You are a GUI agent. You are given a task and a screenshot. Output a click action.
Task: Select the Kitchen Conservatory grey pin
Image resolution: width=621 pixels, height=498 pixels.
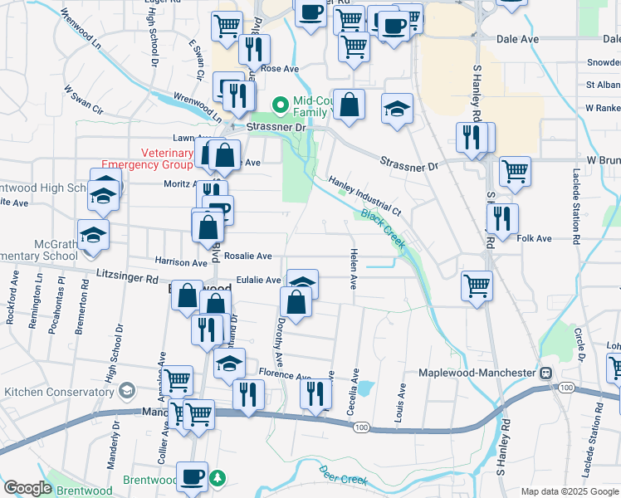tap(127, 390)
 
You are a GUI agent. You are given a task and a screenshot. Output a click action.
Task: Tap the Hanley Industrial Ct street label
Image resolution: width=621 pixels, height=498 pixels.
tap(364, 196)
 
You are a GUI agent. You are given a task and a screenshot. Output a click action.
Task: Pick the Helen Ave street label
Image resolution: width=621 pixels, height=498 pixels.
tap(354, 269)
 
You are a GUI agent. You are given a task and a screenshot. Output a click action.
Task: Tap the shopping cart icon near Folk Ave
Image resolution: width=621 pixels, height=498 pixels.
tap(477, 286)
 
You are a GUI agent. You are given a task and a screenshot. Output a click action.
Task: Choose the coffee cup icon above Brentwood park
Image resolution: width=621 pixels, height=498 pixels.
tap(193, 477)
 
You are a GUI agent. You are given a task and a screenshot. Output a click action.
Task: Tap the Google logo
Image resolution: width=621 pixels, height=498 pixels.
tap(27, 488)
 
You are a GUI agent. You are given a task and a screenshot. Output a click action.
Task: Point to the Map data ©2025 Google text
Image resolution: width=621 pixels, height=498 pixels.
tap(569, 492)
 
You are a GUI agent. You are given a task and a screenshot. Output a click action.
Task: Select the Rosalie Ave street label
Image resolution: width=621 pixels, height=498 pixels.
tap(247, 256)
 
